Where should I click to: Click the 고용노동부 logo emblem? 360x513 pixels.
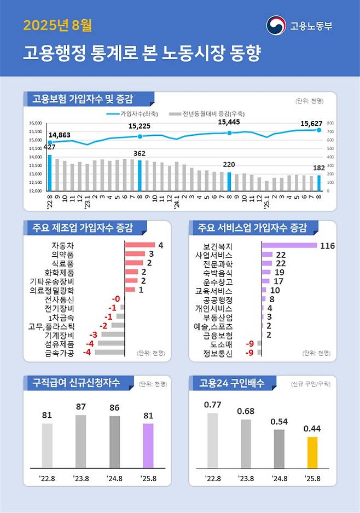276,25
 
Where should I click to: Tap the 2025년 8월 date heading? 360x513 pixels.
57,25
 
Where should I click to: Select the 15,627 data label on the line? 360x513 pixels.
311,124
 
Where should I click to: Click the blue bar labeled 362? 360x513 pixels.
140,175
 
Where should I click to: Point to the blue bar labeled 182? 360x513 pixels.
319,183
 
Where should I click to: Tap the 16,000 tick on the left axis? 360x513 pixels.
34,123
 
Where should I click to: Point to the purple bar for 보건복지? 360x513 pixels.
289,245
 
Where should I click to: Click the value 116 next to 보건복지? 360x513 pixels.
327,246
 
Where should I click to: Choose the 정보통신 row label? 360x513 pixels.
217,353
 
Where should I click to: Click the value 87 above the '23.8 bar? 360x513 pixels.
81,407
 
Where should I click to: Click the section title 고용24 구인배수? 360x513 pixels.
232,383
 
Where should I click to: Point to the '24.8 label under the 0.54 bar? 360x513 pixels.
279,478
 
